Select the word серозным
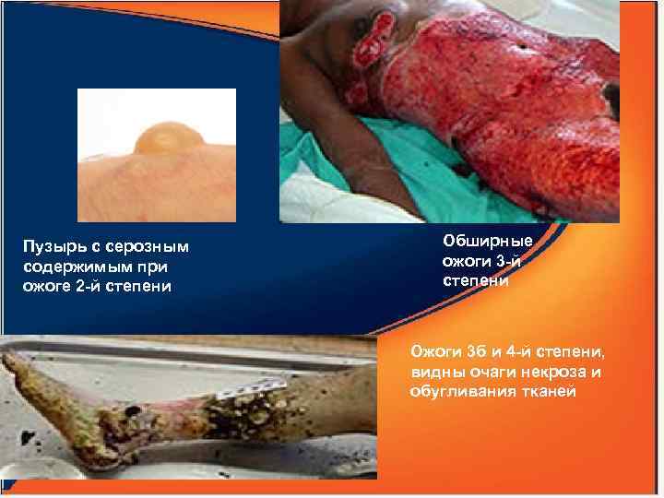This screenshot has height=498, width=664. tap(148, 247)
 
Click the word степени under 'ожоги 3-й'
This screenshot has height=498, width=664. tap(476, 279)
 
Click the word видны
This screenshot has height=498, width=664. tap(436, 373)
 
